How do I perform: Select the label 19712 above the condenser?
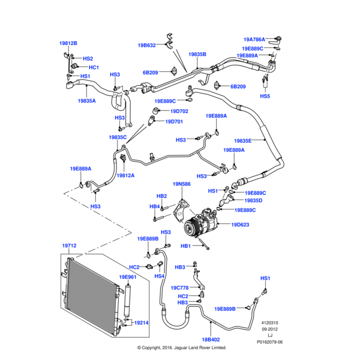(x=70, y=246)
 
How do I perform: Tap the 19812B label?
(x=68, y=43)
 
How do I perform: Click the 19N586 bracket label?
(x=182, y=184)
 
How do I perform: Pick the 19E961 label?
(x=128, y=277)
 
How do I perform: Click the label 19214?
(x=141, y=322)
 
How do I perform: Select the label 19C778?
(x=180, y=287)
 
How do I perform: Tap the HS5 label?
(x=265, y=96)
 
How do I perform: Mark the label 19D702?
(x=179, y=111)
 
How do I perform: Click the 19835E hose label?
(x=243, y=140)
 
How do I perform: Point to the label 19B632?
(x=146, y=45)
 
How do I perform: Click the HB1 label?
(x=185, y=246)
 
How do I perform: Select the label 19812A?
(x=125, y=175)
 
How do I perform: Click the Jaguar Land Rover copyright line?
(x=182, y=348)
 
